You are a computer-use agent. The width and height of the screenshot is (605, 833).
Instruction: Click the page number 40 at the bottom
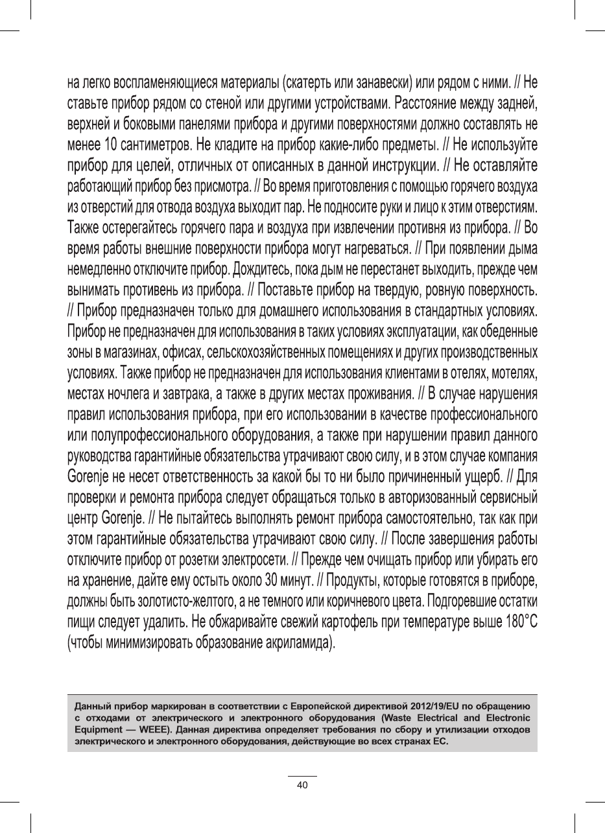tap(302, 784)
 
